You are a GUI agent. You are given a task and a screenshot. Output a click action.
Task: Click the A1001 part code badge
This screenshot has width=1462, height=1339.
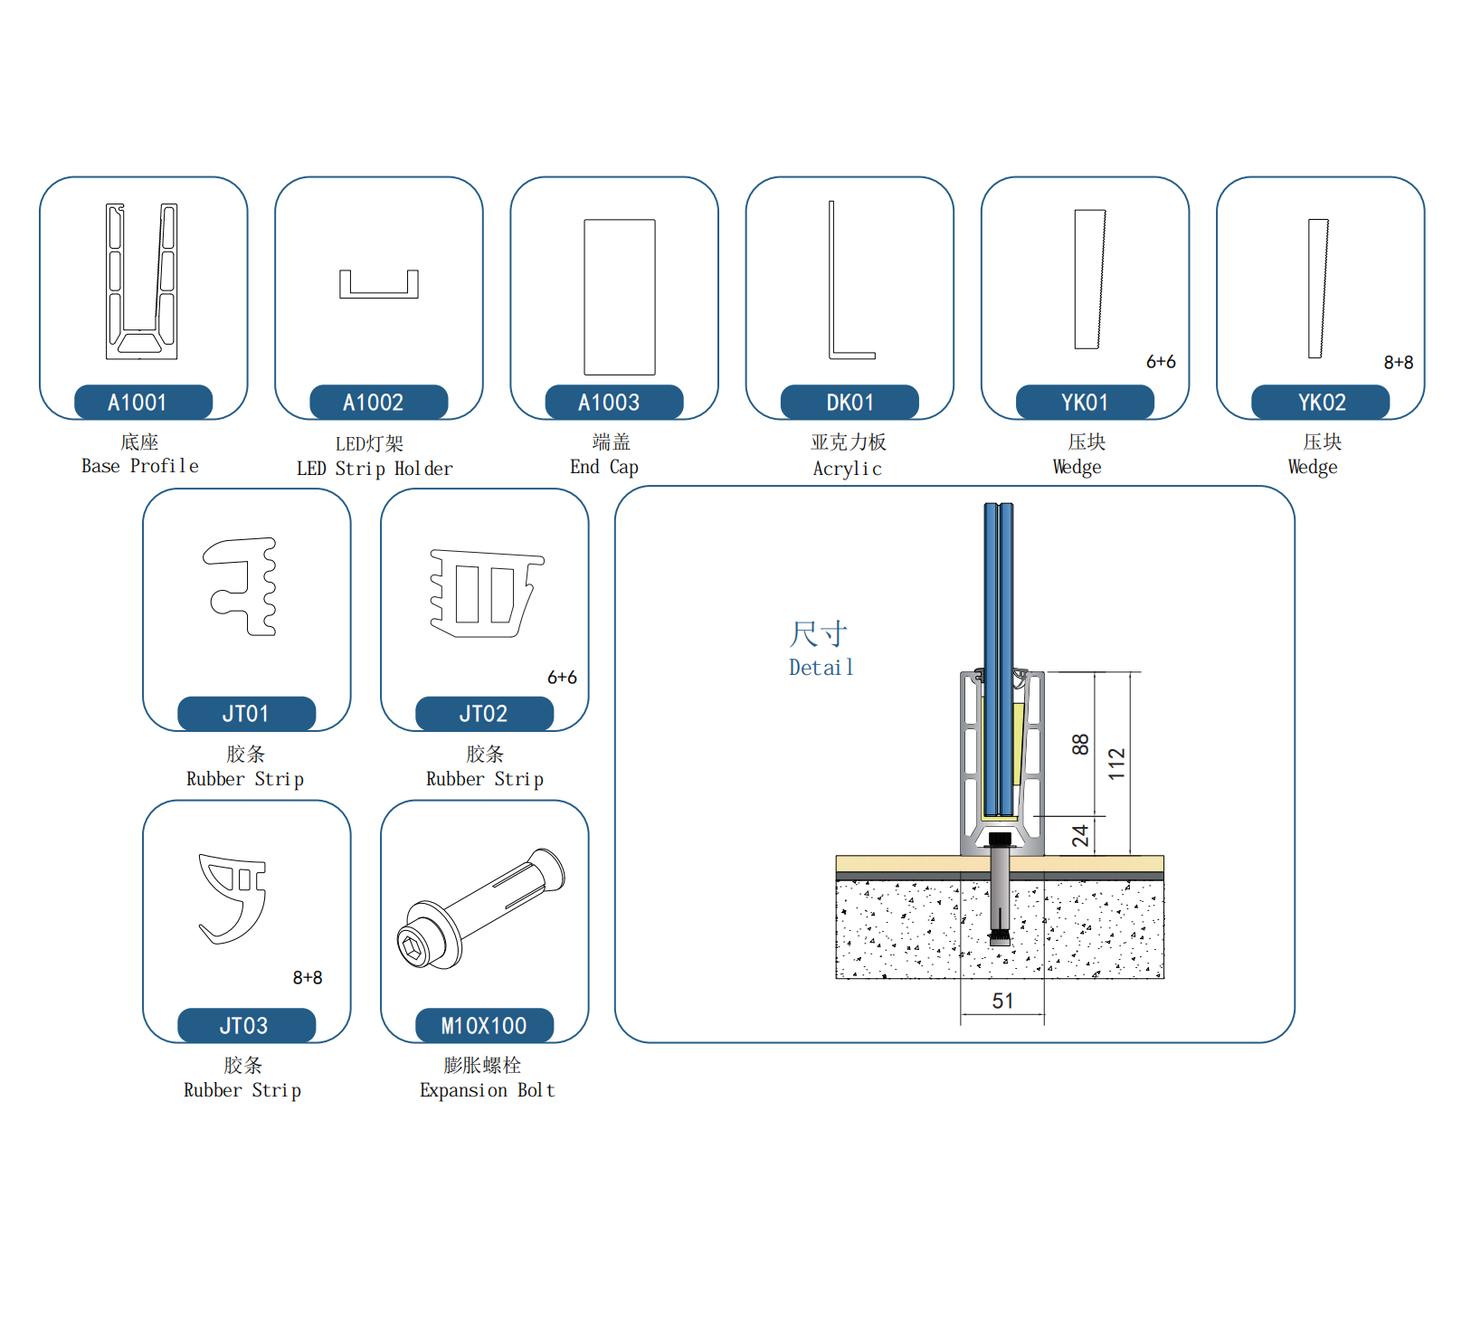[143, 402]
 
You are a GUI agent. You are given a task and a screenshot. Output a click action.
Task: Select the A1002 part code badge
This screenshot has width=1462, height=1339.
[378, 402]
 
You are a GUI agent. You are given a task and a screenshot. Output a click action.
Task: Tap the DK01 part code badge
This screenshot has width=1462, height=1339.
[850, 402]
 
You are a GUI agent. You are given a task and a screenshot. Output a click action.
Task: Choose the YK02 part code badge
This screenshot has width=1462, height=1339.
[1320, 402]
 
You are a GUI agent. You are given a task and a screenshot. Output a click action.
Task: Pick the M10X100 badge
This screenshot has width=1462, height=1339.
[484, 1025]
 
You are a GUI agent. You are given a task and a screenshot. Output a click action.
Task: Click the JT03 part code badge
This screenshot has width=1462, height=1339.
[246, 1025]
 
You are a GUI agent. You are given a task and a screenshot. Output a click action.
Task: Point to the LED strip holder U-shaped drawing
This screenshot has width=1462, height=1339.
[378, 285]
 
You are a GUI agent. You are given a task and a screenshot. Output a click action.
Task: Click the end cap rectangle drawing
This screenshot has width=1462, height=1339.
[619, 297]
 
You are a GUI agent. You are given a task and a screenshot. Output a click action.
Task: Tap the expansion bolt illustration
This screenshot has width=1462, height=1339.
[479, 909]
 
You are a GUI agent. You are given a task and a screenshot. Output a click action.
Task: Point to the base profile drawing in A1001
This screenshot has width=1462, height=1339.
[142, 281]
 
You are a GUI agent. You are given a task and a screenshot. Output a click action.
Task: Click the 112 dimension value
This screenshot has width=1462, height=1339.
[1116, 764]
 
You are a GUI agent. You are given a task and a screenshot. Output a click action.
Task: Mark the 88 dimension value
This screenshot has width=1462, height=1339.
[1080, 745]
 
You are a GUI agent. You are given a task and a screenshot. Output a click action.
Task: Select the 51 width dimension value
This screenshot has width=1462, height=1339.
[1002, 1001]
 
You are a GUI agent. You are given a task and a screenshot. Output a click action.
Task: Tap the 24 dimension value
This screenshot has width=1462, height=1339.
[1080, 835]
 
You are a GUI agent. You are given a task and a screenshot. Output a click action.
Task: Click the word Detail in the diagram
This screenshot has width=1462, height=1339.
[821, 668]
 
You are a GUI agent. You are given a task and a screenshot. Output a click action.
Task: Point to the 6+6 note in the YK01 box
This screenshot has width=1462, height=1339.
[1161, 362]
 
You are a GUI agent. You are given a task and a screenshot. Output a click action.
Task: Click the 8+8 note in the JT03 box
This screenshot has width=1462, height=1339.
[308, 977]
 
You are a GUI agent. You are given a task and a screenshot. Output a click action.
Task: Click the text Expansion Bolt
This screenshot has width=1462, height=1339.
[487, 1090]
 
